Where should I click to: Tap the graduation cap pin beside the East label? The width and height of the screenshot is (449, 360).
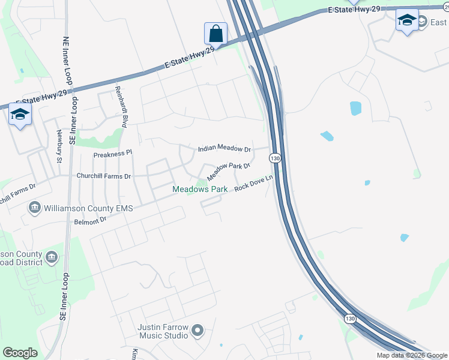point(407,21)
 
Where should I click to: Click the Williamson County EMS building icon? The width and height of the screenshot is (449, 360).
point(34,208)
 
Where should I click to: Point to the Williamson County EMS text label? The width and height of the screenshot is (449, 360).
point(87,208)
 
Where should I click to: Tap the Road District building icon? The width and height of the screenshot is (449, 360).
point(52,257)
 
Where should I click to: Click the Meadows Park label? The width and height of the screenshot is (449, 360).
point(200,189)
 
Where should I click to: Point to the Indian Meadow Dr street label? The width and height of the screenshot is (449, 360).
point(224,149)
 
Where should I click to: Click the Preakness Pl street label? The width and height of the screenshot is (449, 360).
point(112,154)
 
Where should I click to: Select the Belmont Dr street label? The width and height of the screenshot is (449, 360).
point(90,220)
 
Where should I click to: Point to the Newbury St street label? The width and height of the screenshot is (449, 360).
point(59,146)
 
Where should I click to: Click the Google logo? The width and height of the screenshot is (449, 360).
point(20,353)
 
